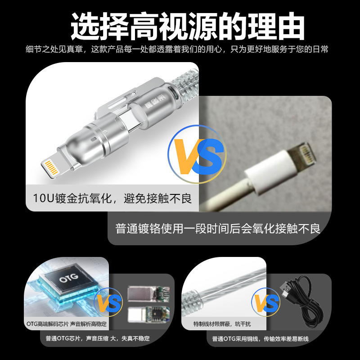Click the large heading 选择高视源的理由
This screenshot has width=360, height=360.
point(188,26)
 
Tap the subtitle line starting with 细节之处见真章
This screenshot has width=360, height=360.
point(177,49)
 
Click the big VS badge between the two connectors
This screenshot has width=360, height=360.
point(197,154)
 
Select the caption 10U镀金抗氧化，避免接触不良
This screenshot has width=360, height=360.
point(112,198)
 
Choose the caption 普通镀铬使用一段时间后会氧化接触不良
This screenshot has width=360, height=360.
point(218,229)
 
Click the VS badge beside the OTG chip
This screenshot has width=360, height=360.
point(108,302)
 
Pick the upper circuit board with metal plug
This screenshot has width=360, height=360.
point(148,293)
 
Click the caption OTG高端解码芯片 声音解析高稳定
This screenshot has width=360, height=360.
point(67,324)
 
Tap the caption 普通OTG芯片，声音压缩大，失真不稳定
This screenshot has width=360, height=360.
point(98,338)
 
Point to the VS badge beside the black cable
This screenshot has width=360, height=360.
point(265,302)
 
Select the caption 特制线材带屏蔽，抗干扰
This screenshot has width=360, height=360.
point(222,324)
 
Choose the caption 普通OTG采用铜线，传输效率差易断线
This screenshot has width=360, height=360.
point(261,339)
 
